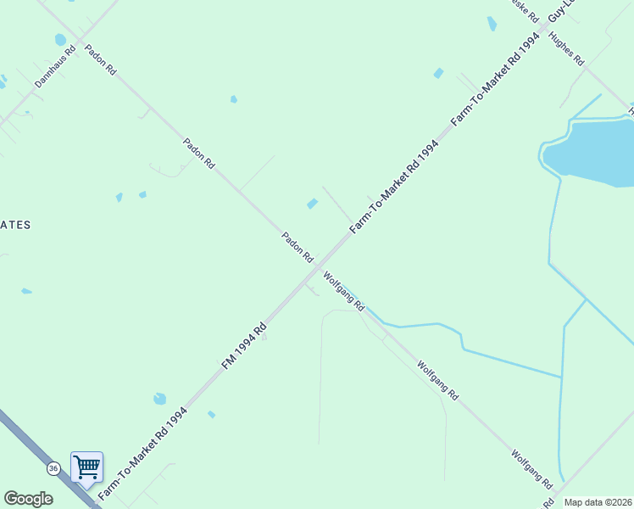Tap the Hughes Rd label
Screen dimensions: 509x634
[x=567, y=49]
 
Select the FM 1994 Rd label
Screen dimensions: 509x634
[x=245, y=344]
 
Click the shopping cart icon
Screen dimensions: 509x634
[x=86, y=467]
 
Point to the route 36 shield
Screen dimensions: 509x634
[x=53, y=468]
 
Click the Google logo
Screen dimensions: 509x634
[x=28, y=499]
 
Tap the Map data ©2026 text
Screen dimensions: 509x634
[x=598, y=502]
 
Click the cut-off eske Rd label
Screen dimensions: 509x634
[x=524, y=10]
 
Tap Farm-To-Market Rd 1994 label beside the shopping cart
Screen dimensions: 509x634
[x=142, y=454]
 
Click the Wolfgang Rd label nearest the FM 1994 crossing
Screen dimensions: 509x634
[x=343, y=290]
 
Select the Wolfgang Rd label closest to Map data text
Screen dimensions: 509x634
[x=531, y=467]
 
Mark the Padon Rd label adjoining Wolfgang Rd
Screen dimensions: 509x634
[x=298, y=246]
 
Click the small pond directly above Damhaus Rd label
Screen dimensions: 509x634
[x=60, y=39]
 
